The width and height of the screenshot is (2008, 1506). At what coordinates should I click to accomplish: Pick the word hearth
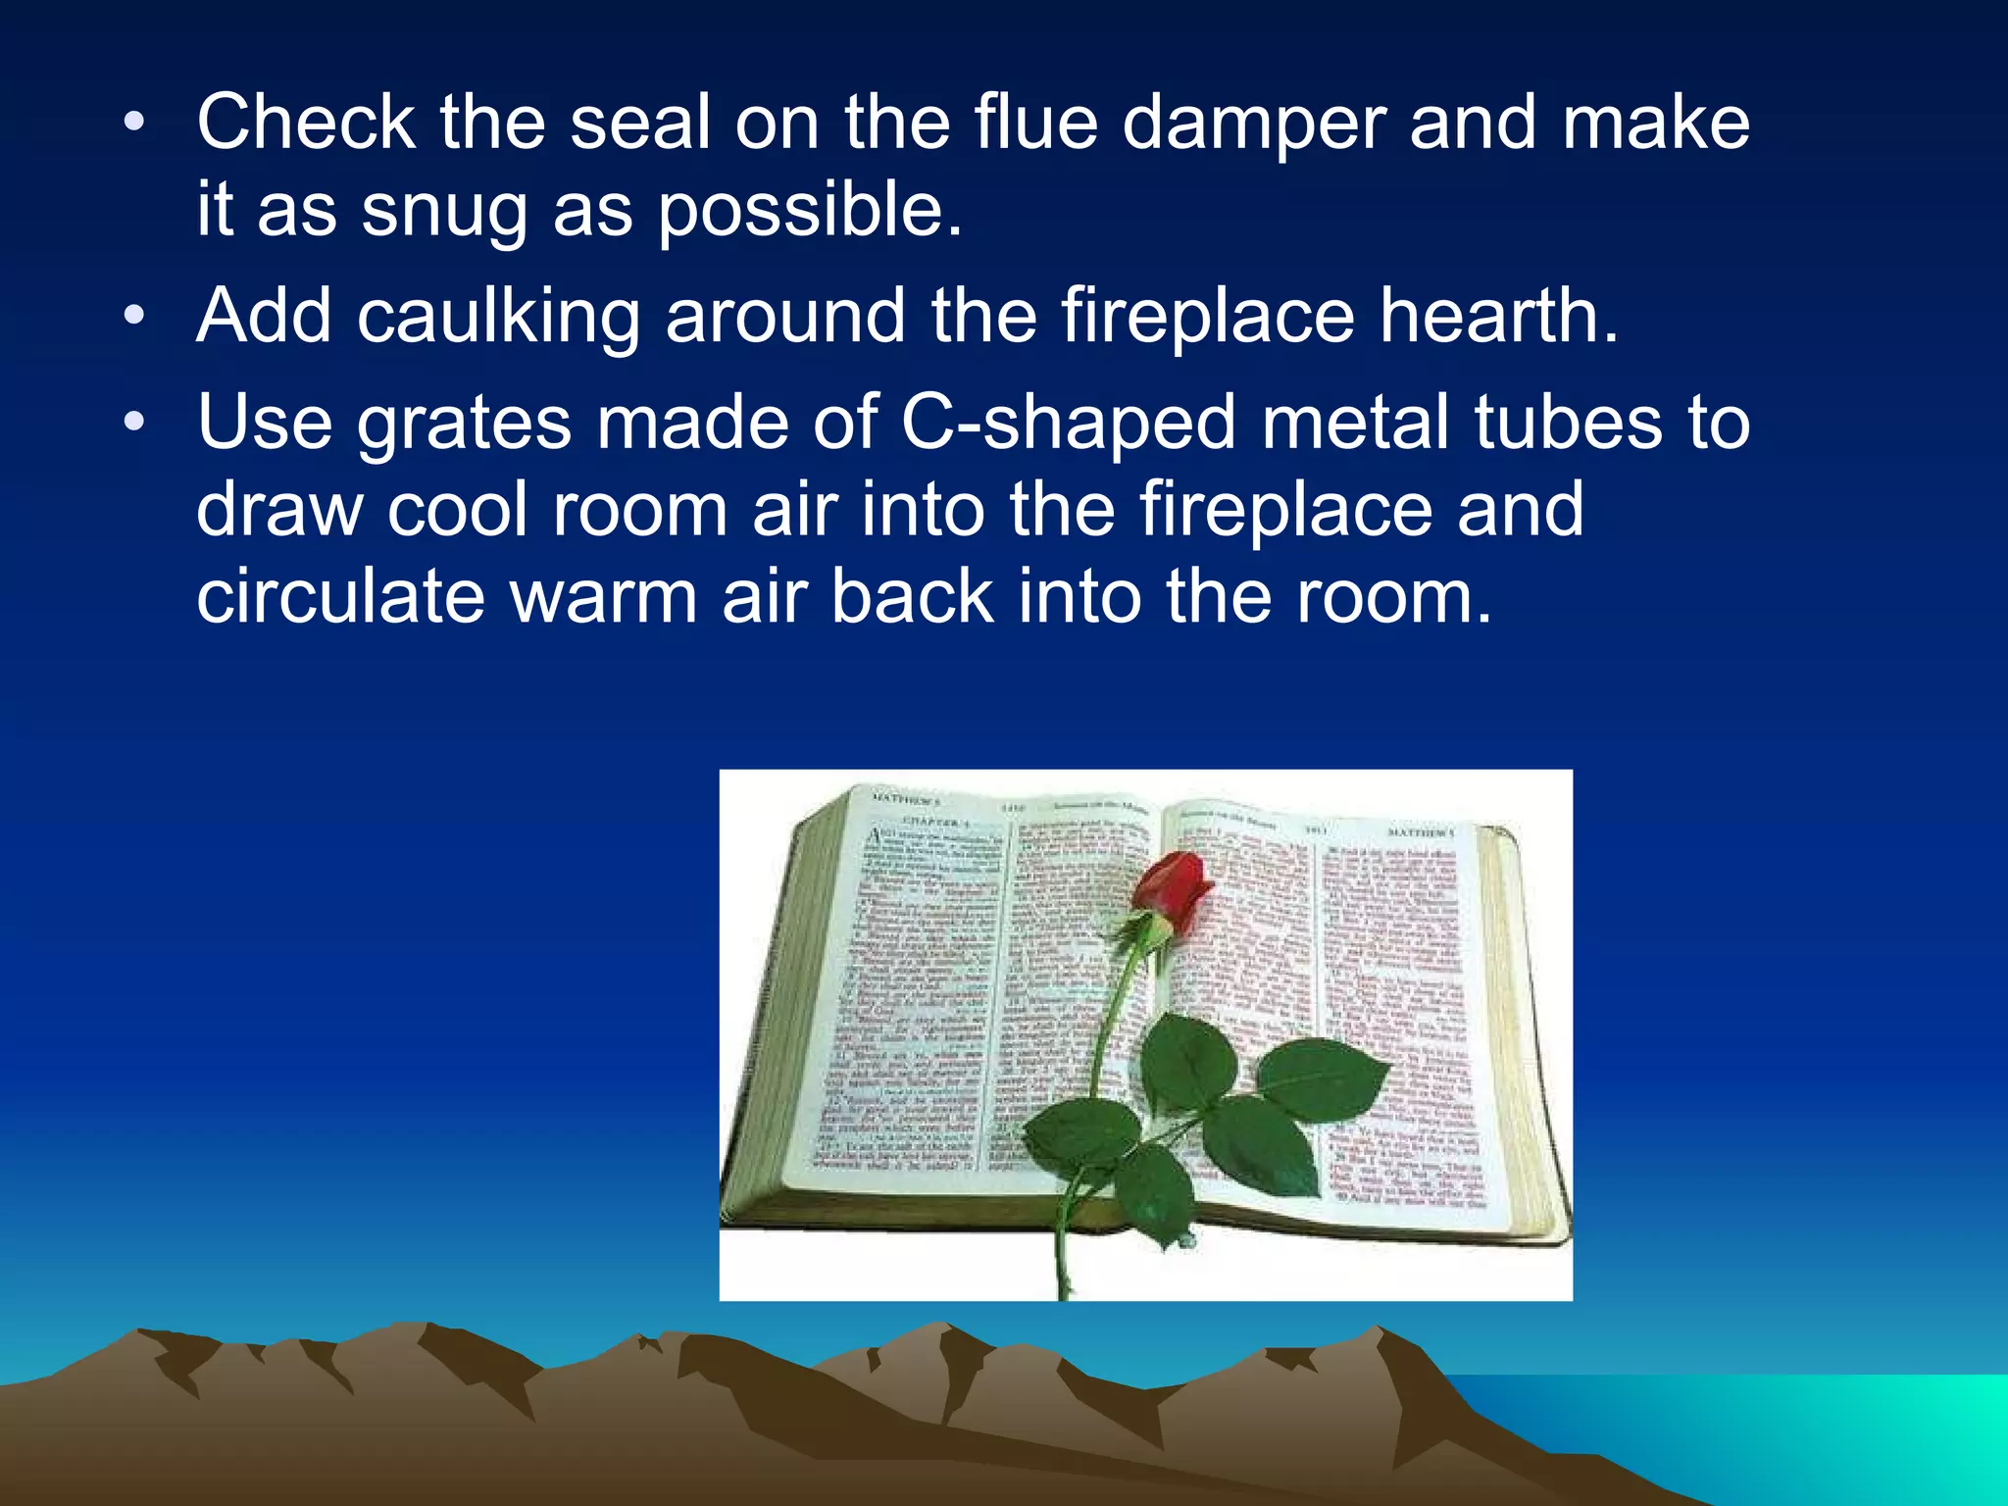[1499, 316]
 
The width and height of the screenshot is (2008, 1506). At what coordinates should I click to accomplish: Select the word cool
[458, 510]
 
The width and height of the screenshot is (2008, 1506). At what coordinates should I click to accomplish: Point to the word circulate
[340, 596]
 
